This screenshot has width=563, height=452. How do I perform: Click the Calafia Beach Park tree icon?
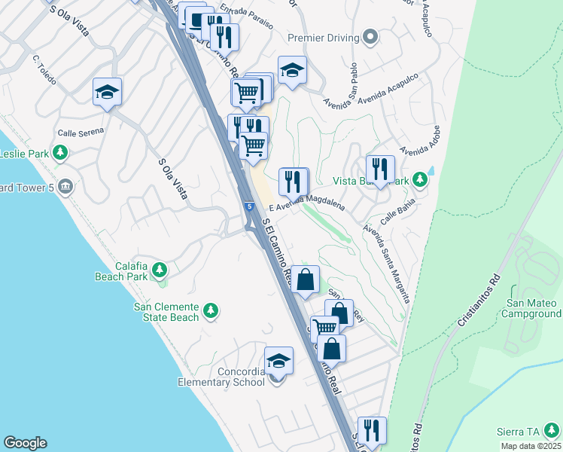(x=159, y=269)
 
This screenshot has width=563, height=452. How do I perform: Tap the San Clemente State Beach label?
(x=166, y=312)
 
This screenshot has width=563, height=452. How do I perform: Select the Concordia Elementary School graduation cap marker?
(x=278, y=360)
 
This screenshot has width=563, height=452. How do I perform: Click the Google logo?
(x=25, y=443)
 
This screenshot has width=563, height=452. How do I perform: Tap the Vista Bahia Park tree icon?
(x=420, y=180)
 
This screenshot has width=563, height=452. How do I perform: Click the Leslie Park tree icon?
(x=62, y=154)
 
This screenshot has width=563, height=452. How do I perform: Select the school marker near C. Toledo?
(x=107, y=92)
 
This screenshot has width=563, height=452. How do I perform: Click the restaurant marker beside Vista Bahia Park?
(x=379, y=169)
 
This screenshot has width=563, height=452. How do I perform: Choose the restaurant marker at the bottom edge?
(x=371, y=430)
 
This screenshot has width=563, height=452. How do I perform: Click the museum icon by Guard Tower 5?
(x=65, y=186)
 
